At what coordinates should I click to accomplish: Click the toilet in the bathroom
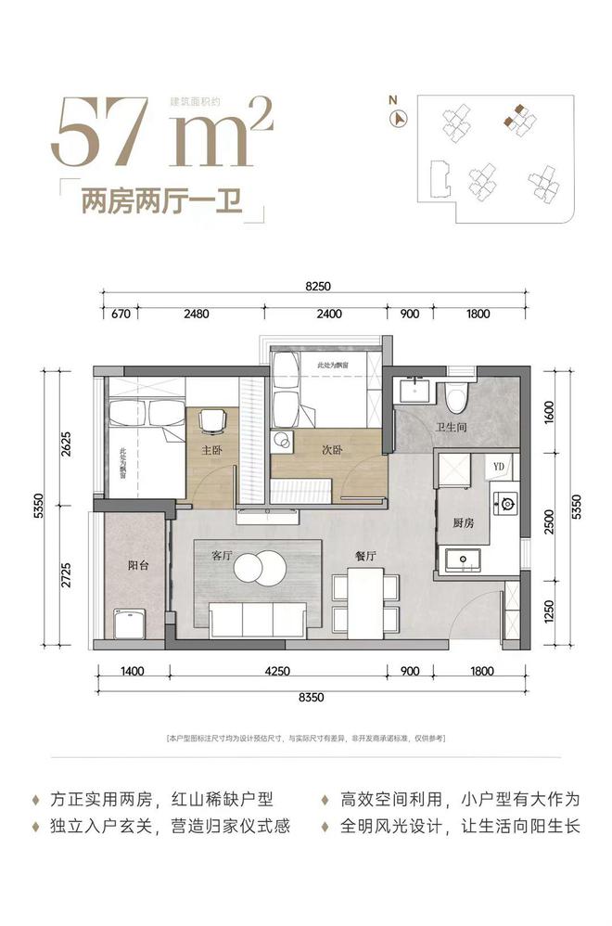[455, 396]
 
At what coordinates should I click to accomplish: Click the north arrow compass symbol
[401, 117]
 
